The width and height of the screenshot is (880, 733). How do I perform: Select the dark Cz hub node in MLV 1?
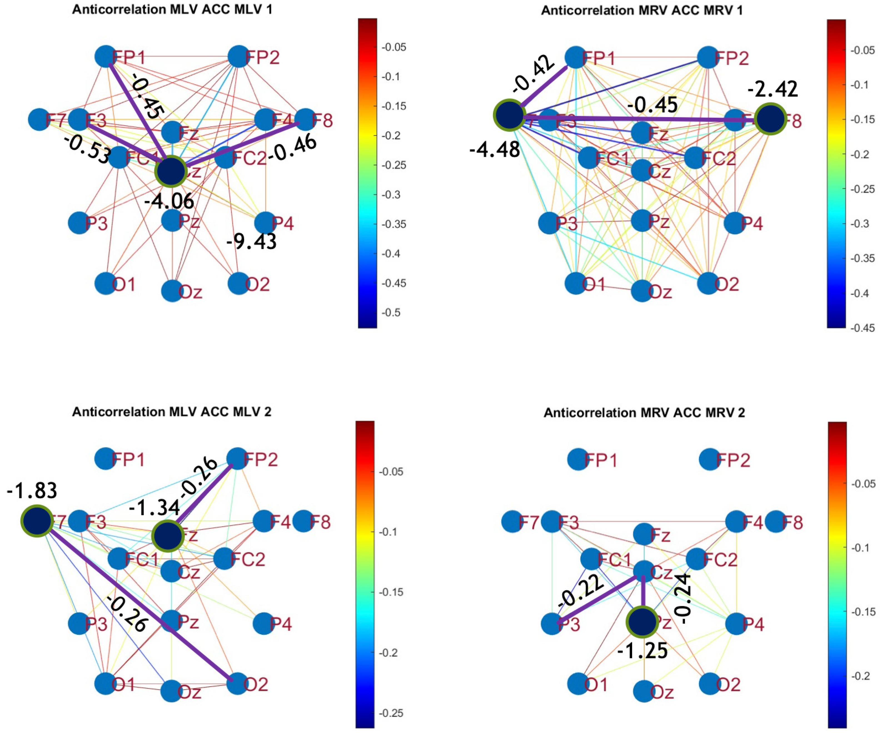[171, 172]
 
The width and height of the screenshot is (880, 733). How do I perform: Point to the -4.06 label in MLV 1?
[169, 201]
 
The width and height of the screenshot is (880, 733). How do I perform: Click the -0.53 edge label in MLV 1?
[87, 149]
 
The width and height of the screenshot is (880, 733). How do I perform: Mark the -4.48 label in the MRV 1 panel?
[495, 149]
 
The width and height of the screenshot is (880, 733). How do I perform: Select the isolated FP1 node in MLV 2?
[105, 459]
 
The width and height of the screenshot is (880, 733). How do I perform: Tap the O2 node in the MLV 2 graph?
[238, 684]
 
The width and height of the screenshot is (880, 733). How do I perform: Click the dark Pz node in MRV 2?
[642, 623]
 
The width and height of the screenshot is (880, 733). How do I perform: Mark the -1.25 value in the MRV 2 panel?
[642, 651]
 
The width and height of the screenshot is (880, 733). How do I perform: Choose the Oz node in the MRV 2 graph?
[644, 691]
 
